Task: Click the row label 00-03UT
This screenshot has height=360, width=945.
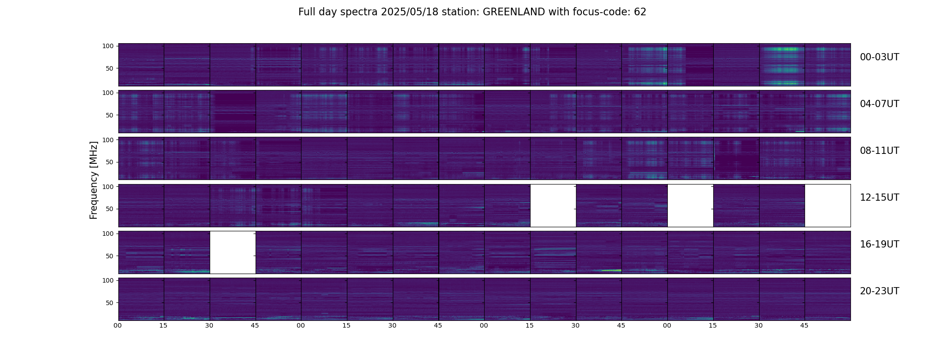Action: click(x=879, y=57)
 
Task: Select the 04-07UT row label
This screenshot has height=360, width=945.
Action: click(x=879, y=104)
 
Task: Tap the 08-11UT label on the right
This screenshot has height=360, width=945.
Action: click(x=879, y=151)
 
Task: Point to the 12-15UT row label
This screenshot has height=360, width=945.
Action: click(x=879, y=198)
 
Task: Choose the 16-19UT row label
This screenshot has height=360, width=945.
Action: click(x=879, y=244)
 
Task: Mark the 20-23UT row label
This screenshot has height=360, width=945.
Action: click(x=879, y=291)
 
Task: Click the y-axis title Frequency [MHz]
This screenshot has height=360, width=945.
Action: click(x=94, y=180)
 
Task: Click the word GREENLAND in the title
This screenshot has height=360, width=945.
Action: click(x=514, y=12)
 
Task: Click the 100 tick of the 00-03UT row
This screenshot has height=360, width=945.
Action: click(x=108, y=46)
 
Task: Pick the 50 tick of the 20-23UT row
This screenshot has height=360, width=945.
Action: click(x=110, y=303)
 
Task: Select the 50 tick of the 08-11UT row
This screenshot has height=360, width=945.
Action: click(x=110, y=162)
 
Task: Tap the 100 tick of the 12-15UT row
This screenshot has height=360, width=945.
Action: click(x=108, y=186)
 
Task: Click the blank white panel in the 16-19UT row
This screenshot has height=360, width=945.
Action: click(x=233, y=252)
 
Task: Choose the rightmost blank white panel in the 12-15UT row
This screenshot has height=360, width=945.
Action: click(x=828, y=206)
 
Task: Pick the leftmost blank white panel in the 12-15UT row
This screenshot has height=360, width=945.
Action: click(x=553, y=206)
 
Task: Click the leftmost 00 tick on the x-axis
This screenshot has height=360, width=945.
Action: click(x=118, y=326)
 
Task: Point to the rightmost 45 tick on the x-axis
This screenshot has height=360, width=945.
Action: click(x=805, y=326)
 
